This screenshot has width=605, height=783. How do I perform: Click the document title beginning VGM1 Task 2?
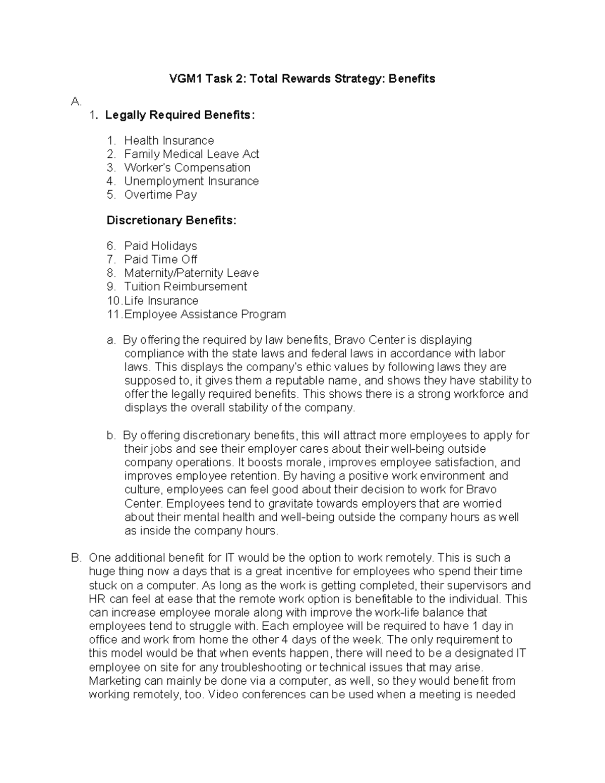[302, 79]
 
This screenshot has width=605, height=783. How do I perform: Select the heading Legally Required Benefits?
[179, 115]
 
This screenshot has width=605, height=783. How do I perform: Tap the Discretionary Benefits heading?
[171, 220]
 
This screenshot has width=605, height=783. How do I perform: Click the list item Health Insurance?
[169, 140]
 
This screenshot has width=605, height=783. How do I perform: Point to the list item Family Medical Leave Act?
[192, 154]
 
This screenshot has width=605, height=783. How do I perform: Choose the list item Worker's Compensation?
[187, 167]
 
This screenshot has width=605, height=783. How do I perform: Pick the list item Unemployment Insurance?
[192, 181]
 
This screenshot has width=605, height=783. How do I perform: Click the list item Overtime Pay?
[160, 195]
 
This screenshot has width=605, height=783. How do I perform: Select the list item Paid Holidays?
[160, 246]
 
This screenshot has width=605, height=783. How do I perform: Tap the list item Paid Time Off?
[160, 260]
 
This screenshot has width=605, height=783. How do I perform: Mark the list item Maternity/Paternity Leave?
[192, 273]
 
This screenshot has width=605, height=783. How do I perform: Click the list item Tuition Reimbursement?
[186, 287]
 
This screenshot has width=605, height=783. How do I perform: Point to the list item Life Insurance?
[161, 301]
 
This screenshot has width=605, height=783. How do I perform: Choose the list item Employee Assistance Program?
[205, 315]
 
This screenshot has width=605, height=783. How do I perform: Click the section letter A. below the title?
[76, 102]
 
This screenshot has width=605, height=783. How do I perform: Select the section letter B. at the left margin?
[76, 558]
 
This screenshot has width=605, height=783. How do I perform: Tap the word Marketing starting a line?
[114, 681]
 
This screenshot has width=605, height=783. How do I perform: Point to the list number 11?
[114, 315]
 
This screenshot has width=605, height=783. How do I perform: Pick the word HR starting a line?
[96, 599]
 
